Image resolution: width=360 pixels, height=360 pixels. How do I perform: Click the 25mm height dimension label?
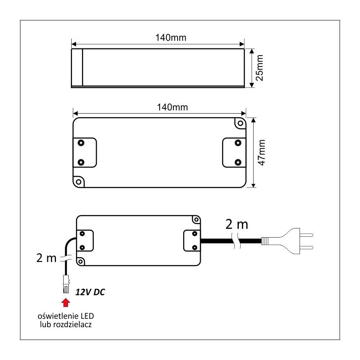[260, 68]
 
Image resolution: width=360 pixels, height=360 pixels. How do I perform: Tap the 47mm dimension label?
[262, 153]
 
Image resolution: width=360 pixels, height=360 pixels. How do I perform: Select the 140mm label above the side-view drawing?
[171, 38]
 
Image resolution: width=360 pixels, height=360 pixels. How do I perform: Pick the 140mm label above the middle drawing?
[172, 107]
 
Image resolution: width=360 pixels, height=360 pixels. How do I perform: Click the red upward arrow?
[66, 303]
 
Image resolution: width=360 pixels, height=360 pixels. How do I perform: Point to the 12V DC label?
[90, 292]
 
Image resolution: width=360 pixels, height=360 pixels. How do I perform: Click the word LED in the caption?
[87, 316]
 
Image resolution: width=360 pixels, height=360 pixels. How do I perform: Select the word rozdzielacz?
[72, 325]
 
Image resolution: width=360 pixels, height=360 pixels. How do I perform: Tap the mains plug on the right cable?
[287, 241]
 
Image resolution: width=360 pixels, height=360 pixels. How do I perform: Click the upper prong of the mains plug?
[306, 235]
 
